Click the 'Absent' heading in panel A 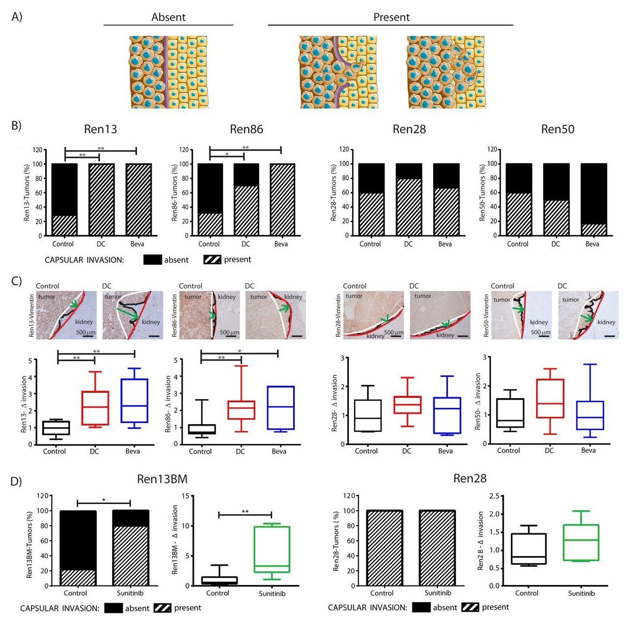coord(168,17)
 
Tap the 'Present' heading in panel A coord(391,17)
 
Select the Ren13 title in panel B coord(100,129)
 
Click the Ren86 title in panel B coord(247,129)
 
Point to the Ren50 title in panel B coord(557,129)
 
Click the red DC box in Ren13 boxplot coord(95,408)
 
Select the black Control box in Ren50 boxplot coord(510,413)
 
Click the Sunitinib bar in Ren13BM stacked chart coord(131,548)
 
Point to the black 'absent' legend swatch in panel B coord(152,260)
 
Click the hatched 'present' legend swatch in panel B coord(212,260)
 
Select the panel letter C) coord(16,281)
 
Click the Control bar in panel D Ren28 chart coord(382,548)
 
